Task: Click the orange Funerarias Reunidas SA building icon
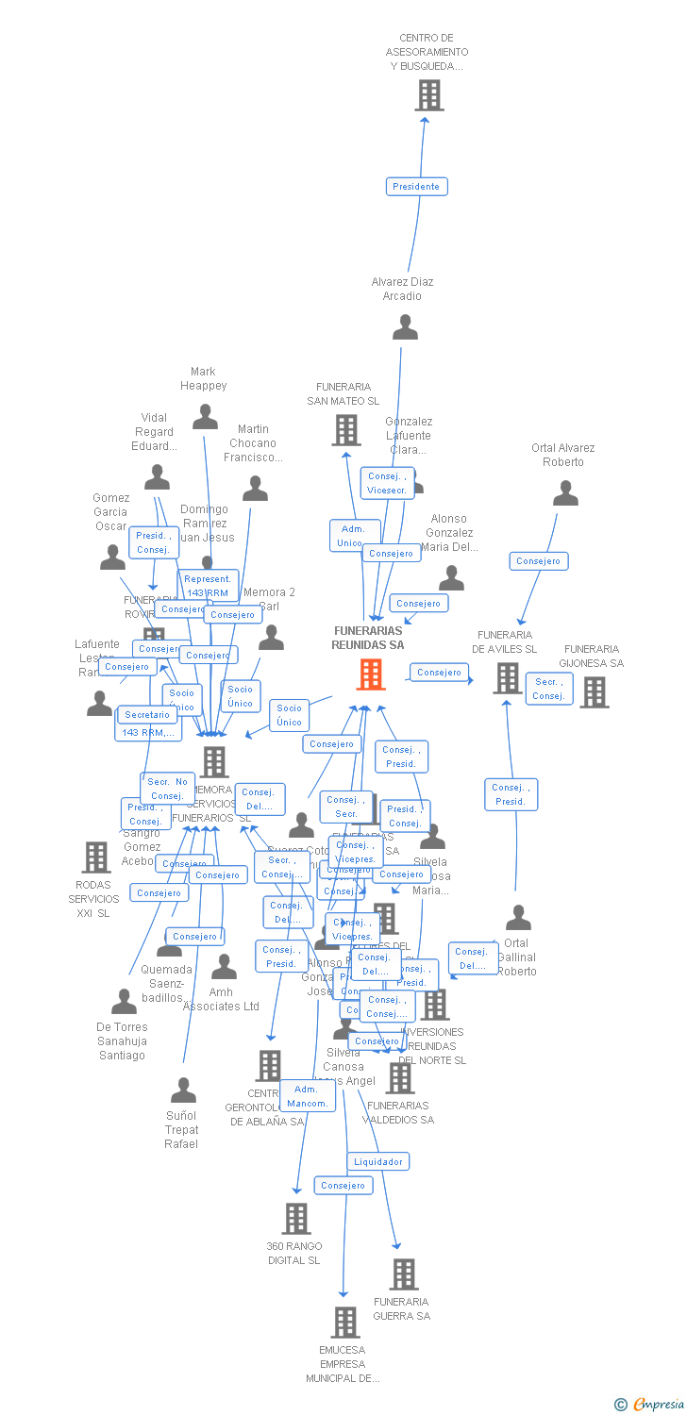click(370, 674)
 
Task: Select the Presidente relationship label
click(416, 187)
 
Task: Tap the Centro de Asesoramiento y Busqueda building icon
click(428, 95)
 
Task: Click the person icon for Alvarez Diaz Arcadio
click(405, 327)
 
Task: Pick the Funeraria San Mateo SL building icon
click(346, 430)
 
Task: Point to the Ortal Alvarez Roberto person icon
click(565, 493)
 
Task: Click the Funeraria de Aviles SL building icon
click(507, 677)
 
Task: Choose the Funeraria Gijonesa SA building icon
click(594, 692)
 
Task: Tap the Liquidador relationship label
click(378, 1162)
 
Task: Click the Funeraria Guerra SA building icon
click(403, 1274)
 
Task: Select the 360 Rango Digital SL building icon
click(295, 1219)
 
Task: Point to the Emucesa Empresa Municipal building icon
click(345, 1323)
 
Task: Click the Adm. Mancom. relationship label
click(308, 1096)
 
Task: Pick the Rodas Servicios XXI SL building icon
click(95, 857)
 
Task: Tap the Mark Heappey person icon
click(205, 417)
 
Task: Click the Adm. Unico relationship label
click(353, 536)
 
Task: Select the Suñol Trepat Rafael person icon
click(183, 1091)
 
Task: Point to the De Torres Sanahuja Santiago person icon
click(124, 1002)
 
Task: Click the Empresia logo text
click(658, 1405)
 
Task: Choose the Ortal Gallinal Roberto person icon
click(518, 918)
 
